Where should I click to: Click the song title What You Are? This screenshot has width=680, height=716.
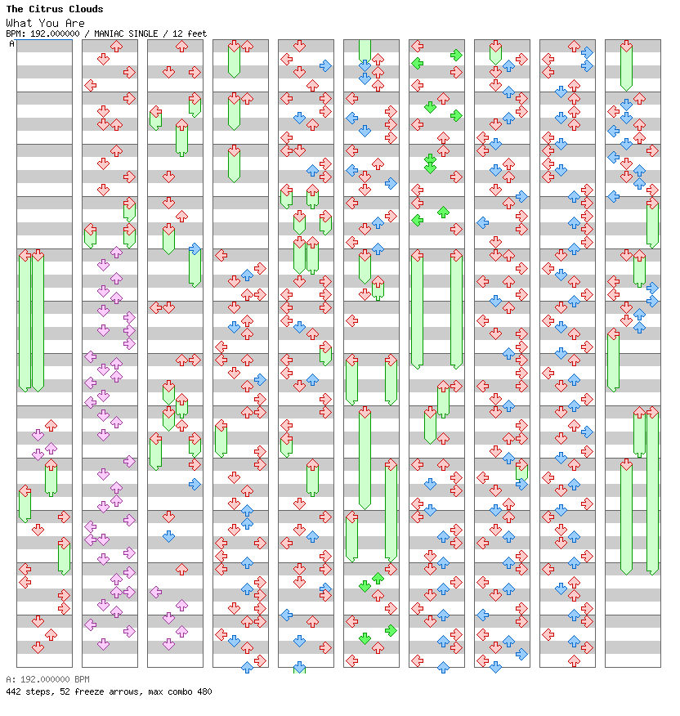tap(45, 23)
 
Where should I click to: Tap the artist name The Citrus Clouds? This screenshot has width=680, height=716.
tap(54, 9)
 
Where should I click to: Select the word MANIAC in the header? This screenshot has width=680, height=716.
tap(110, 34)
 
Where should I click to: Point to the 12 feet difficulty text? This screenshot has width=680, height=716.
tap(190, 34)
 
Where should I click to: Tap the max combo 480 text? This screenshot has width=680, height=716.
tap(179, 691)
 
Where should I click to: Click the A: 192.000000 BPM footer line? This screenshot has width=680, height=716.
tap(47, 679)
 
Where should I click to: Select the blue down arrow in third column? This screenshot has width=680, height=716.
tap(168, 536)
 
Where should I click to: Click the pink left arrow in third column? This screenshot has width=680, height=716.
tap(156, 593)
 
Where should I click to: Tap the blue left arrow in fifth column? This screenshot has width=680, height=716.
tap(286, 615)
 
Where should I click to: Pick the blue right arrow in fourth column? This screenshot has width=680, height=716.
tap(260, 379)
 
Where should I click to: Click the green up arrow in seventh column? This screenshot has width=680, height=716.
tap(443, 212)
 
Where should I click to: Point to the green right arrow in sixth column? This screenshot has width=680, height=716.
tap(391, 631)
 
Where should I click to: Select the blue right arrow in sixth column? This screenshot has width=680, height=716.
tap(391, 184)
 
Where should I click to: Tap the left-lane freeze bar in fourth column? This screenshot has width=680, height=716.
tap(221, 439)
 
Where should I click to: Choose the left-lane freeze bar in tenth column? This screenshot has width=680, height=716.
tap(613, 360)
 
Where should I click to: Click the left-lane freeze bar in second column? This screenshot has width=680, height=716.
tap(91, 236)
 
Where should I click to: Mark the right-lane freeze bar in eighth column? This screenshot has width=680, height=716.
tap(521, 470)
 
